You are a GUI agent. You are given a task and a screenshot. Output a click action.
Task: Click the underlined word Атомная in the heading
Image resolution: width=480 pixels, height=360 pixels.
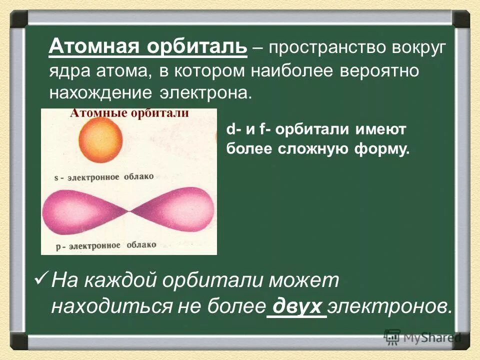(x=94, y=48)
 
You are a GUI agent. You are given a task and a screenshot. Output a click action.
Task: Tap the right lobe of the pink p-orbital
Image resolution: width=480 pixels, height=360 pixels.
(x=175, y=210)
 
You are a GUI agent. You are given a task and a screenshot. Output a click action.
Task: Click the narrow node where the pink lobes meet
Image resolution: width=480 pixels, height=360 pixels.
(x=129, y=213)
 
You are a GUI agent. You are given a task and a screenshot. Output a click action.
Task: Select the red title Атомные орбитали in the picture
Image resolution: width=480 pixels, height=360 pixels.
(x=129, y=113)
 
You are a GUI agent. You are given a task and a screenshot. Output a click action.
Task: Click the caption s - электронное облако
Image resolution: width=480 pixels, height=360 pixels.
(x=104, y=177)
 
